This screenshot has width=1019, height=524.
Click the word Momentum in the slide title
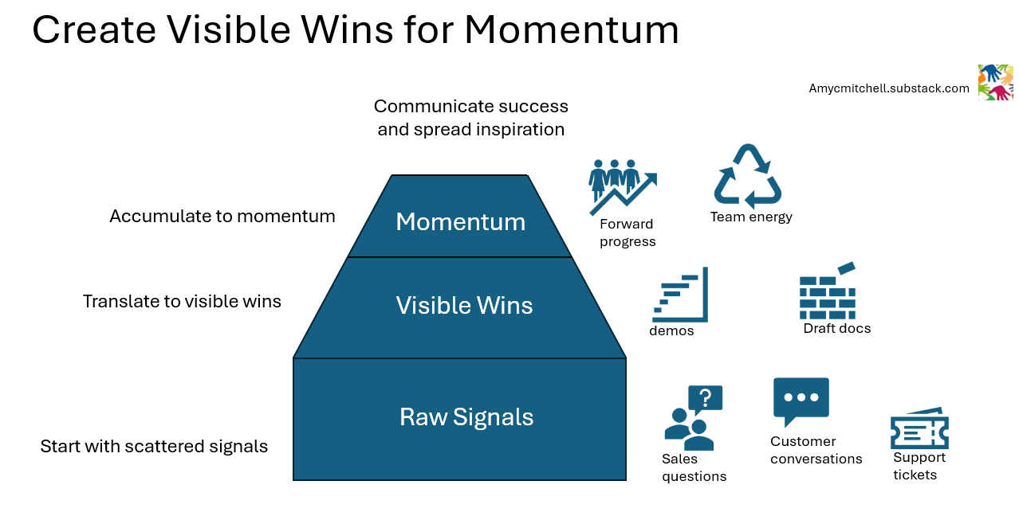tap(571, 30)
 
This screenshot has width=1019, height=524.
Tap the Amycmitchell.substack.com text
tap(889, 88)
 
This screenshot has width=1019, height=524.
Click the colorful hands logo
tap(995, 82)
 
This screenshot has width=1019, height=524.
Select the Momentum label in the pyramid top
tap(460, 221)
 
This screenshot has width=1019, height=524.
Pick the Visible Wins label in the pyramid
tap(464, 305)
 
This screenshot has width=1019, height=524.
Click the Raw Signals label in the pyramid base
tap(466, 416)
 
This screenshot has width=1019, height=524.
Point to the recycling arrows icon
tap(747, 176)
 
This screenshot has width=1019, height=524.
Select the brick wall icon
tap(828, 291)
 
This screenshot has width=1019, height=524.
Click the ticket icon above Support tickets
tap(919, 429)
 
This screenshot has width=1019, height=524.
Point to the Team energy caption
tap(751, 217)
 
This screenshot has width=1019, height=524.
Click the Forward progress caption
tap(628, 233)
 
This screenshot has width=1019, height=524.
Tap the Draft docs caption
tap(836, 328)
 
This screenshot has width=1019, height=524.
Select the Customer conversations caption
tap(816, 450)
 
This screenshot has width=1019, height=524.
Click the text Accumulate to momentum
tap(222, 216)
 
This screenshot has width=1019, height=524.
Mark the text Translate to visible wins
tap(182, 301)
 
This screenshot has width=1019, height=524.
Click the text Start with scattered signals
tap(154, 446)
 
